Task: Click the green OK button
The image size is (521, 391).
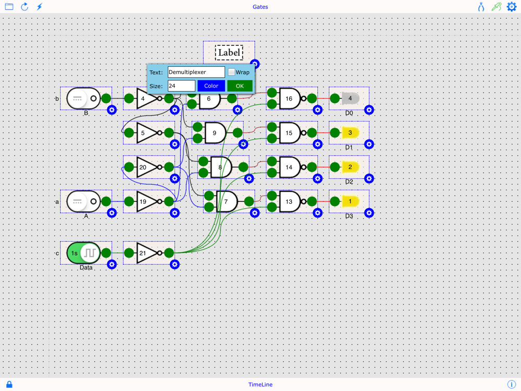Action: click(240, 86)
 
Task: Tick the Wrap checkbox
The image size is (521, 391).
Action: click(231, 72)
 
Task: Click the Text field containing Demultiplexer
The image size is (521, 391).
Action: click(196, 72)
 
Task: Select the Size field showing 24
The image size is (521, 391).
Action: click(181, 86)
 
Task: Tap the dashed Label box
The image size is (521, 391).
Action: click(229, 53)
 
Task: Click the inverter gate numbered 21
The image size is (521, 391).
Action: click(146, 253)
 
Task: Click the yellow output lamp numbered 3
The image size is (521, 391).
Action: click(350, 133)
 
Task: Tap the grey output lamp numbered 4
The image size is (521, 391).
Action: click(350, 99)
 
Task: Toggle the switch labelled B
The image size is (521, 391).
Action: click(83, 99)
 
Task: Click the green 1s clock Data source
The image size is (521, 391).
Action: click(83, 253)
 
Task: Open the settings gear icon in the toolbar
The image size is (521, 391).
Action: click(512, 7)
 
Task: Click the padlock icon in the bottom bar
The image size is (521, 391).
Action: click(9, 385)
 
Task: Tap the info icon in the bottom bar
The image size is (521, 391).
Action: click(512, 385)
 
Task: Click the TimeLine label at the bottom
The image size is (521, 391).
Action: click(260, 385)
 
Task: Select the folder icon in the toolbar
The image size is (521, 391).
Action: click(9, 7)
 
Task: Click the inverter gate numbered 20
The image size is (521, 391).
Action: click(146, 167)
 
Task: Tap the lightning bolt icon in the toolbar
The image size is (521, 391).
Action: click(40, 7)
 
